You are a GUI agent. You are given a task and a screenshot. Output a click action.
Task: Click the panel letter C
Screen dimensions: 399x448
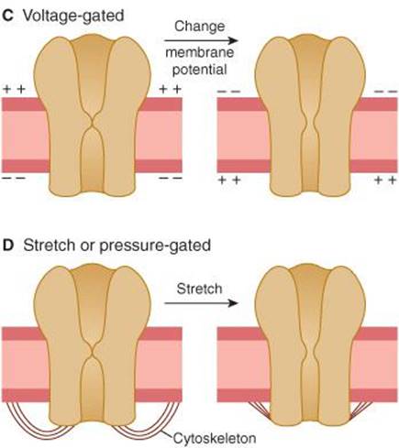tap(7, 16)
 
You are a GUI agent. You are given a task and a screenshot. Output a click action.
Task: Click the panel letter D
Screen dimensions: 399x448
tap(8, 246)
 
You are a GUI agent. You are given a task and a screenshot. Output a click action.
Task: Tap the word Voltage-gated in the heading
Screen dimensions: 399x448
tap(73, 16)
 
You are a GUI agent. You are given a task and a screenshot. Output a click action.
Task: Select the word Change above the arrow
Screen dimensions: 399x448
tap(200, 27)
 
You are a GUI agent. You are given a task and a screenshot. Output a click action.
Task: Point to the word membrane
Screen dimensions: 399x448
tap(200, 52)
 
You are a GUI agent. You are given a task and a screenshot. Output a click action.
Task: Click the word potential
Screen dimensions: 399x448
tap(200, 70)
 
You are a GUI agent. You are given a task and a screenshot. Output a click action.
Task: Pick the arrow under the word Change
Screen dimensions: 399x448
tap(201, 40)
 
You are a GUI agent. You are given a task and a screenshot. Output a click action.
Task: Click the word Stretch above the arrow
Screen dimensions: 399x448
tap(199, 289)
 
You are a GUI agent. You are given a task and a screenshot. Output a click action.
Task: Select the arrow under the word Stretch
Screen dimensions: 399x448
tap(201, 303)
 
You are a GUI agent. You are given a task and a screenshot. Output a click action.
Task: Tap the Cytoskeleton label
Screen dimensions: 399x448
tap(215, 438)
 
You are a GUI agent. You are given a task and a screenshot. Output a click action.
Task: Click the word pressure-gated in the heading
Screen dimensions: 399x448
tap(155, 246)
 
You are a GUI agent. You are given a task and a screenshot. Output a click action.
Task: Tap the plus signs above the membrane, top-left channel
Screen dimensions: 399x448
tap(14, 89)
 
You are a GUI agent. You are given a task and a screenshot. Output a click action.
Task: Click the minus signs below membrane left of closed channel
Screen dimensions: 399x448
tap(14, 178)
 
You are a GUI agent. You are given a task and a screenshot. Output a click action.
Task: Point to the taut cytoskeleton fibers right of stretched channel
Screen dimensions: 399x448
tap(360, 410)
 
